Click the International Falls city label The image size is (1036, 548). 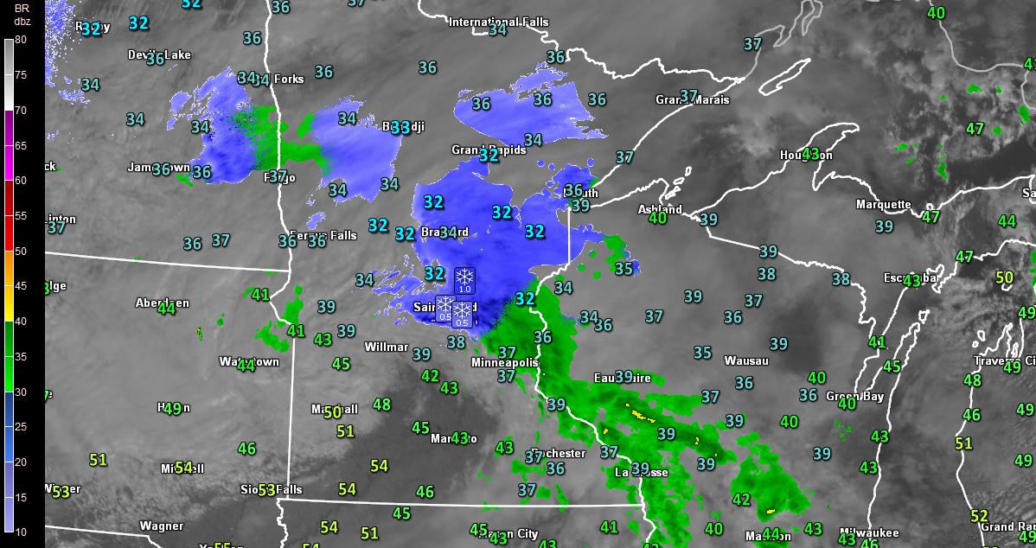click(496, 22)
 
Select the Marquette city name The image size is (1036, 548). click(883, 205)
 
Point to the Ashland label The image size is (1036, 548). click(659, 209)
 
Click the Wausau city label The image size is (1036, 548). click(745, 360)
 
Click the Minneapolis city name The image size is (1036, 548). click(504, 363)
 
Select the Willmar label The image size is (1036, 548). click(387, 347)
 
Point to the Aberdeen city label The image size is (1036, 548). click(162, 303)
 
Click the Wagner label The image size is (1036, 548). click(161, 526)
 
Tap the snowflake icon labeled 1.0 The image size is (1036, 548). click(464, 279)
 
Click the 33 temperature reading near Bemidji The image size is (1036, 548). click(400, 127)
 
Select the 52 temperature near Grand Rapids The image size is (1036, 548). click(979, 516)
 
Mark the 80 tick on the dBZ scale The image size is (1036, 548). click(21, 40)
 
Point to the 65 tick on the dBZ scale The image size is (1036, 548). click(21, 146)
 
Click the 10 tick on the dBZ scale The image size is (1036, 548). click(21, 531)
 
